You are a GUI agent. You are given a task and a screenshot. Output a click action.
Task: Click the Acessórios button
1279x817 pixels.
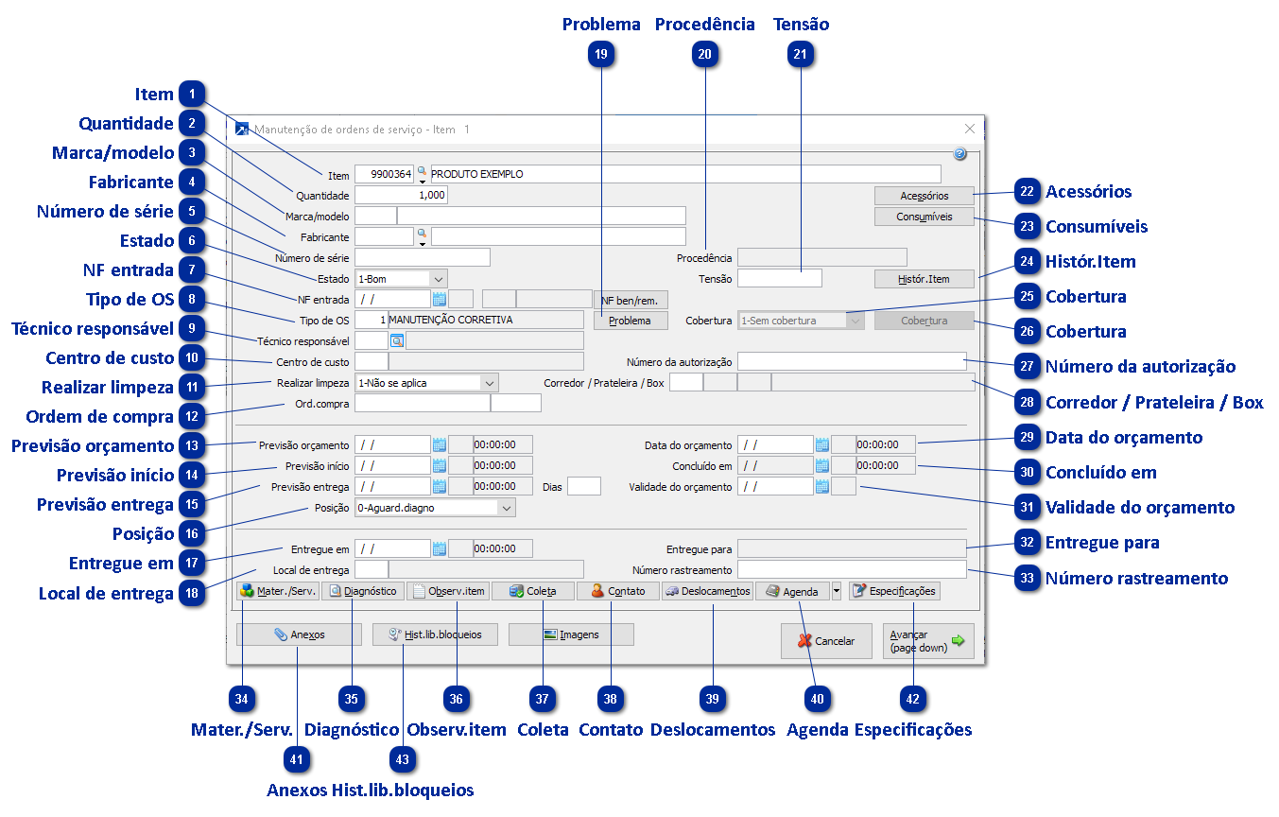(924, 196)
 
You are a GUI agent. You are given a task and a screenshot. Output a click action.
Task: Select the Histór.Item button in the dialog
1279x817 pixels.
(924, 279)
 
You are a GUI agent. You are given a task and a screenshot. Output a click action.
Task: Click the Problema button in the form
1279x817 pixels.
(630, 321)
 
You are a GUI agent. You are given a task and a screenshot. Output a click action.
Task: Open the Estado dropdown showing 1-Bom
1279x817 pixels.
(401, 279)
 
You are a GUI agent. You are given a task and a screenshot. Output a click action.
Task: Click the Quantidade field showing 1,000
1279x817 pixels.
(401, 196)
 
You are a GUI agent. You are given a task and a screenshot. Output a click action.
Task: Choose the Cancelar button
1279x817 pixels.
(826, 641)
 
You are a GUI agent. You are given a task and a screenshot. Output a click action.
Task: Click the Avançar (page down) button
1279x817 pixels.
(927, 641)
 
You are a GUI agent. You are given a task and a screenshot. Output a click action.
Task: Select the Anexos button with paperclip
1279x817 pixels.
(299, 634)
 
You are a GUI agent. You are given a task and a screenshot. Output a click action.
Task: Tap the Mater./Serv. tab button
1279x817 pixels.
(277, 591)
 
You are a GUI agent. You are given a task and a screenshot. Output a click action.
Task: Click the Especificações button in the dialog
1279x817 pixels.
(894, 591)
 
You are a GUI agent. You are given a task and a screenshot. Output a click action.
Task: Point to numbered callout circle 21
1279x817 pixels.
(801, 56)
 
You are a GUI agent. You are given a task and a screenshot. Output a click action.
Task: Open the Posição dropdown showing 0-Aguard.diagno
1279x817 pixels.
(435, 508)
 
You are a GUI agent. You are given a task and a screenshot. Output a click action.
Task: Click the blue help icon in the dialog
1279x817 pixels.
(959, 153)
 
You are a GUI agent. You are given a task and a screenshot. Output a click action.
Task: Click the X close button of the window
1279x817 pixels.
(969, 129)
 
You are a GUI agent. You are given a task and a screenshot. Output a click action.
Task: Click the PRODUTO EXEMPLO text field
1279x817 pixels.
(685, 174)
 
